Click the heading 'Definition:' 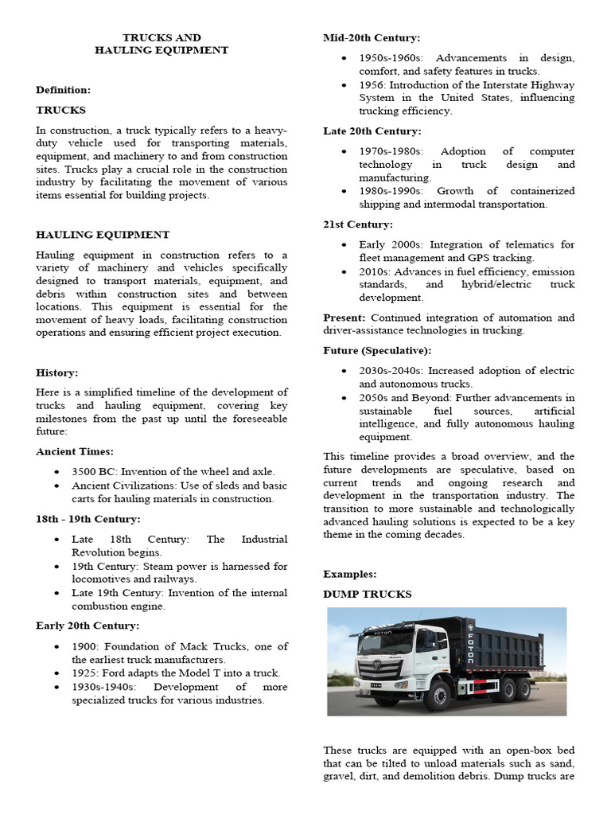point(64,90)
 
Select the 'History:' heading point(57,372)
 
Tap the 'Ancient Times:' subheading point(75,451)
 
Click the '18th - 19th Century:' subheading point(88,519)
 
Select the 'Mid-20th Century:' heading point(372,37)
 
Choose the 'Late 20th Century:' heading point(372,131)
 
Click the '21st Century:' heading point(358,224)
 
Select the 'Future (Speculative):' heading point(377,350)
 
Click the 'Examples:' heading point(349,574)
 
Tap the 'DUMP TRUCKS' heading point(368,595)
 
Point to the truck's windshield point(386,641)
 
